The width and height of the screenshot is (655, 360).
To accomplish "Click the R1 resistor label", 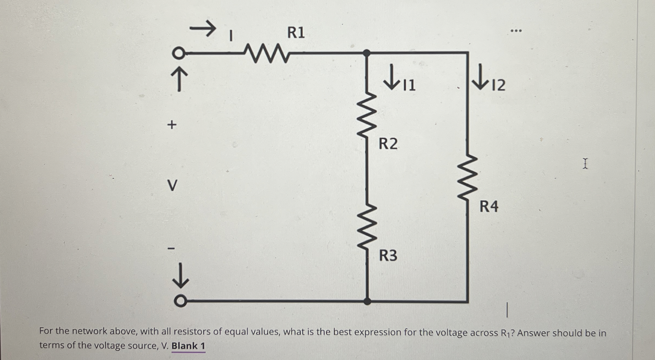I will [296, 33].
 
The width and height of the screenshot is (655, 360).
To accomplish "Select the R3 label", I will [388, 256].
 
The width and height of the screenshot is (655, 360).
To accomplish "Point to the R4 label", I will [489, 206].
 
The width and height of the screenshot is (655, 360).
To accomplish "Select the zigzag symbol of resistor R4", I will [468, 177].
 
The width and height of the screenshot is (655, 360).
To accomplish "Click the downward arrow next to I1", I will [392, 77].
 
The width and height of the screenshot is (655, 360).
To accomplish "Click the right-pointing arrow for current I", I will [203, 28].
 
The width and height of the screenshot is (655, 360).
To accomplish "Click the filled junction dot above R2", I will [367, 53].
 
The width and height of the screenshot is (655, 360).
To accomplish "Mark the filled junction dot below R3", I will [368, 301].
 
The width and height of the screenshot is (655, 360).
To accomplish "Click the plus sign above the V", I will [172, 125].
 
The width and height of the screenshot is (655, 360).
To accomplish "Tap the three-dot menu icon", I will [516, 31].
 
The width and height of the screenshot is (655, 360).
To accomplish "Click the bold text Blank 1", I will [188, 346].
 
